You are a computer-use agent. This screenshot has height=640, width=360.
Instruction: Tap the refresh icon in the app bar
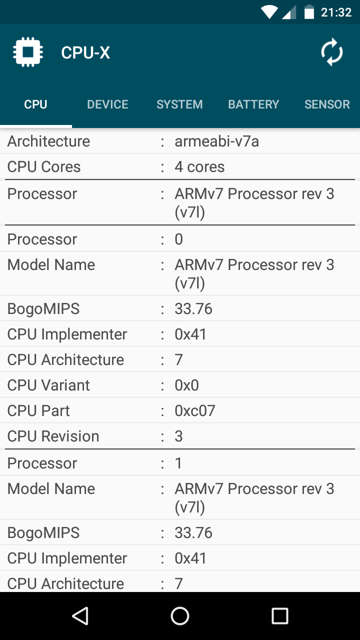[331, 52]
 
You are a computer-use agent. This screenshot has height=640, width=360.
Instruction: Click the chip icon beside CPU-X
[28, 52]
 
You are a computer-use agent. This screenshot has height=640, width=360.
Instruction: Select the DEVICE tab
[107, 104]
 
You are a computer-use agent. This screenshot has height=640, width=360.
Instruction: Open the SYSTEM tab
[179, 104]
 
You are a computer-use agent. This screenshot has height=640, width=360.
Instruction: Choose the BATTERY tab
[253, 104]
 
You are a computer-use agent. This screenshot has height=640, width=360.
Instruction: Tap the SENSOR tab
[327, 104]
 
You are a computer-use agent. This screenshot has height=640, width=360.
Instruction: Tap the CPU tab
[35, 104]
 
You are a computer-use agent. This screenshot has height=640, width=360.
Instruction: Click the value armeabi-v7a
[217, 141]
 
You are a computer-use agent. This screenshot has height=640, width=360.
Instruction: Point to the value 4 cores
[199, 166]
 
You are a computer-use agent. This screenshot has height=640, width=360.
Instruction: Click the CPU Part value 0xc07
[195, 410]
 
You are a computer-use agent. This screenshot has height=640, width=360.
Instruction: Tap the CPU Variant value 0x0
[187, 385]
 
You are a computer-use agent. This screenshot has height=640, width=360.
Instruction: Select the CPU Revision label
[53, 436]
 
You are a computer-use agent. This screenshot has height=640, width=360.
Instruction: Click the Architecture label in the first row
[48, 141]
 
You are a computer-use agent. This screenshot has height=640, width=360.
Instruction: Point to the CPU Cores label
[44, 166]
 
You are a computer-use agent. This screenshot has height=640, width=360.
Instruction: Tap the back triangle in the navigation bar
[80, 615]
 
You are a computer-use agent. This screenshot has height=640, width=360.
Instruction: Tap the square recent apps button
[279, 615]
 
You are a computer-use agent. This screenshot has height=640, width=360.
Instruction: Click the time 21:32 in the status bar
[336, 12]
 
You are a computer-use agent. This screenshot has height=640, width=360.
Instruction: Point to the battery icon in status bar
[309, 12]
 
